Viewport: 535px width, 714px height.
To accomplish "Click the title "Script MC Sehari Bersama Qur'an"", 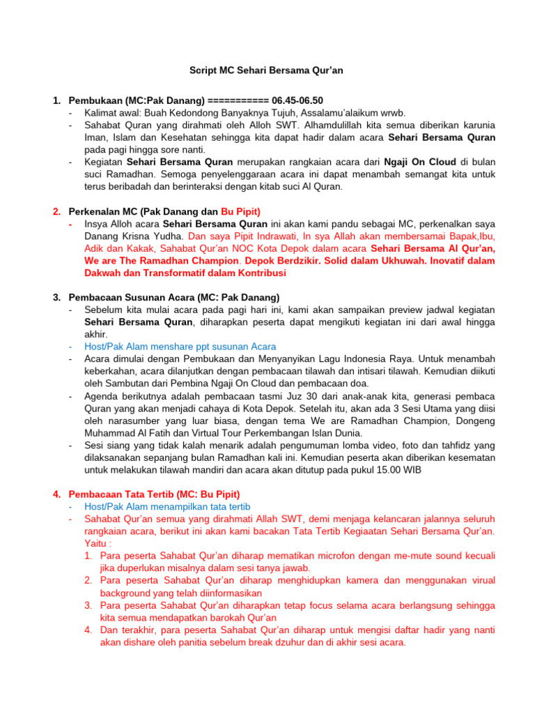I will point(267,70).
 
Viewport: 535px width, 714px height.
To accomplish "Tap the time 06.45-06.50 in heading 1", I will point(297,100).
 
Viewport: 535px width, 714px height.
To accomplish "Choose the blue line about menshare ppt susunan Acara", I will point(180,346).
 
